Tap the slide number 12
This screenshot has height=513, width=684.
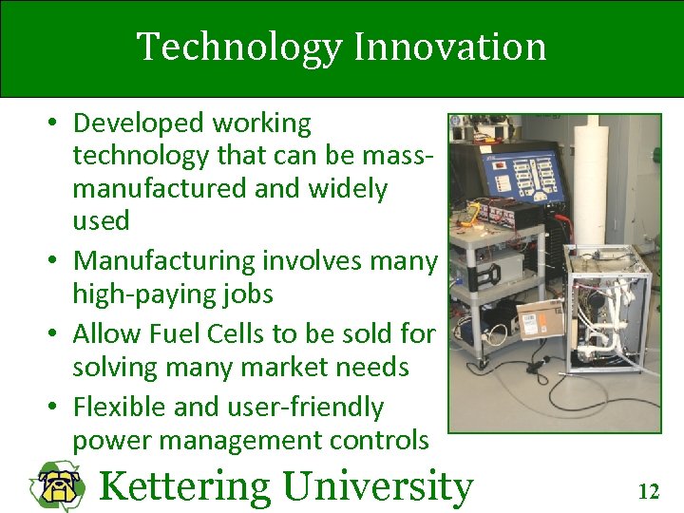(648, 491)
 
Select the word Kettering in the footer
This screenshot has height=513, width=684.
(184, 486)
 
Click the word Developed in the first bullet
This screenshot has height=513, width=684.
(139, 123)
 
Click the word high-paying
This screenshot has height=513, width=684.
(141, 294)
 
